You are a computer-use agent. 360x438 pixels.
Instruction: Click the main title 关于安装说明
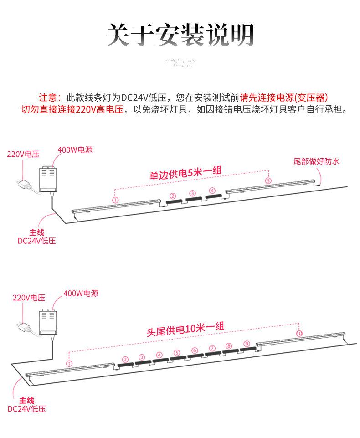[x=180, y=35]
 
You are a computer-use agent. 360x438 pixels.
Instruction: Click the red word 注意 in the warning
[x=49, y=98]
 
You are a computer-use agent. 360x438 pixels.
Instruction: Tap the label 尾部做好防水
[x=316, y=161]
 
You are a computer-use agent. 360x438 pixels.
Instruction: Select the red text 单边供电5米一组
[x=185, y=174]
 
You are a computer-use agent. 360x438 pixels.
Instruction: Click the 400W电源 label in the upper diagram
[x=75, y=149]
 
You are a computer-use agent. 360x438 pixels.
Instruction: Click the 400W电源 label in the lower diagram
[x=81, y=294]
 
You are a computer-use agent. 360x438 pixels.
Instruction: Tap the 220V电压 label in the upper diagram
[x=23, y=154]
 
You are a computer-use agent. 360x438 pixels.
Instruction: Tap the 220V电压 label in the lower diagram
[x=29, y=298]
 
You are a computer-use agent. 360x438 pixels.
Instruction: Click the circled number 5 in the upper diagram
[x=268, y=181]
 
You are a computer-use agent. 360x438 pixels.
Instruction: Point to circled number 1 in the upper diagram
[x=115, y=200]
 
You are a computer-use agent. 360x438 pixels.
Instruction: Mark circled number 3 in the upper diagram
[x=192, y=194]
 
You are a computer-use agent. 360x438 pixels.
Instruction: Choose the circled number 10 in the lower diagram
[x=299, y=334]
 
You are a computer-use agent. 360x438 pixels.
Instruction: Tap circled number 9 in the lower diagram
[x=247, y=344]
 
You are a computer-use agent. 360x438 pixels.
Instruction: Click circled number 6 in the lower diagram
[x=195, y=350]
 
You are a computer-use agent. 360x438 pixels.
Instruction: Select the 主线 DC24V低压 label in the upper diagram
[x=36, y=237]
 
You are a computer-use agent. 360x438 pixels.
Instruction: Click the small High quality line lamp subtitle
[x=180, y=63]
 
